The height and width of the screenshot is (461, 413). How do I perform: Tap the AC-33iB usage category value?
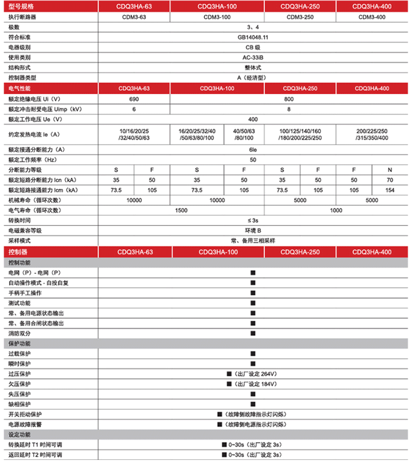coord(253,58)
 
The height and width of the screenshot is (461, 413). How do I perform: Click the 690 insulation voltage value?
coord(134,99)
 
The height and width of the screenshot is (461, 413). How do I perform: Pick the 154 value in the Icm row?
coord(390,190)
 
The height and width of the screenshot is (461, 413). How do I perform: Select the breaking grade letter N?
coord(390,169)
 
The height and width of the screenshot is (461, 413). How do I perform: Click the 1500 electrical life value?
coord(181,210)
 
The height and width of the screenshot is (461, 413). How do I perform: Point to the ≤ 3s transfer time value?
coord(253,220)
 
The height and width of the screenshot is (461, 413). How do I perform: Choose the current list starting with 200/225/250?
coord(372,134)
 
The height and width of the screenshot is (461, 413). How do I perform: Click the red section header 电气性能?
coord(20,88)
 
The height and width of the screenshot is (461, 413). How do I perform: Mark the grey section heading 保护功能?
coord(20,343)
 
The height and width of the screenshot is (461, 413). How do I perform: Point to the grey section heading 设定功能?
coord(20,434)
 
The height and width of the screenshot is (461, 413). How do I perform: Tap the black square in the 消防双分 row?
coord(253,333)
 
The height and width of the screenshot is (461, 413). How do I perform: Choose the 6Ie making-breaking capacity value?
coord(253,149)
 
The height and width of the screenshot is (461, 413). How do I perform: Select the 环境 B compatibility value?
coord(253,230)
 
